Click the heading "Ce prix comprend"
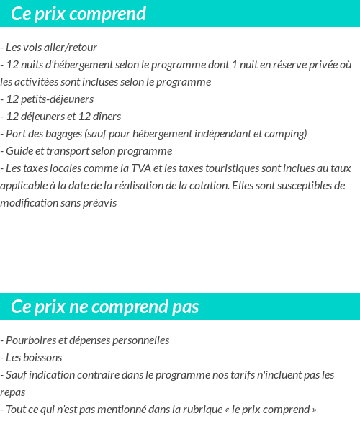coord(78,14)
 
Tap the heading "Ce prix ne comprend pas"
coord(105,307)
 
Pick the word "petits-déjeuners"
coord(61,99)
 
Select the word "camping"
coord(288,134)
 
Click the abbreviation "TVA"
coord(132,168)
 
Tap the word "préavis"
coord(98,203)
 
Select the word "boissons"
coord(42,358)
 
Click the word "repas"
coord(13,392)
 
